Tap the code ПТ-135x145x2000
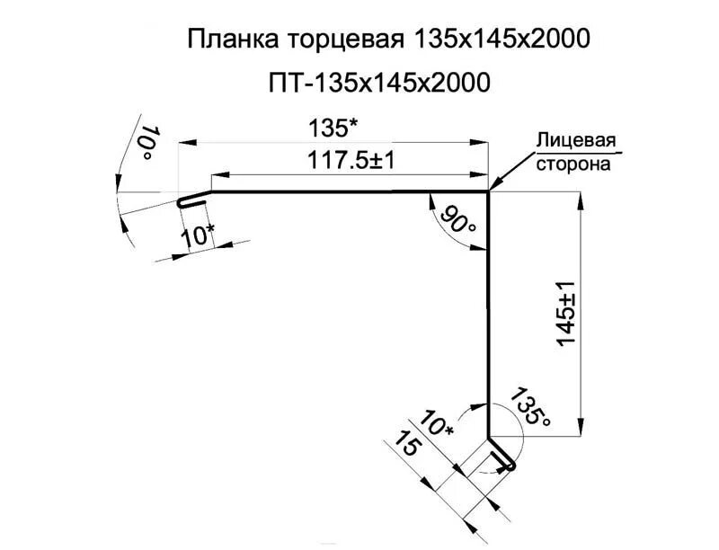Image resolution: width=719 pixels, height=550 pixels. coord(377,84)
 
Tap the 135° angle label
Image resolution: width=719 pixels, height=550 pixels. coord(528,409)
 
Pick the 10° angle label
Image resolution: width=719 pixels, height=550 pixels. coord(149,144)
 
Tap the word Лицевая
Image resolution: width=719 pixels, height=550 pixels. coord(575,141)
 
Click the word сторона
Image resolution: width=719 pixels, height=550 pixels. coord(573,164)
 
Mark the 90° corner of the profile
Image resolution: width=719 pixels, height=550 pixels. coord(489,191)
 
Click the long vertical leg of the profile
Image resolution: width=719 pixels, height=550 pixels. coord(489,315)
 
